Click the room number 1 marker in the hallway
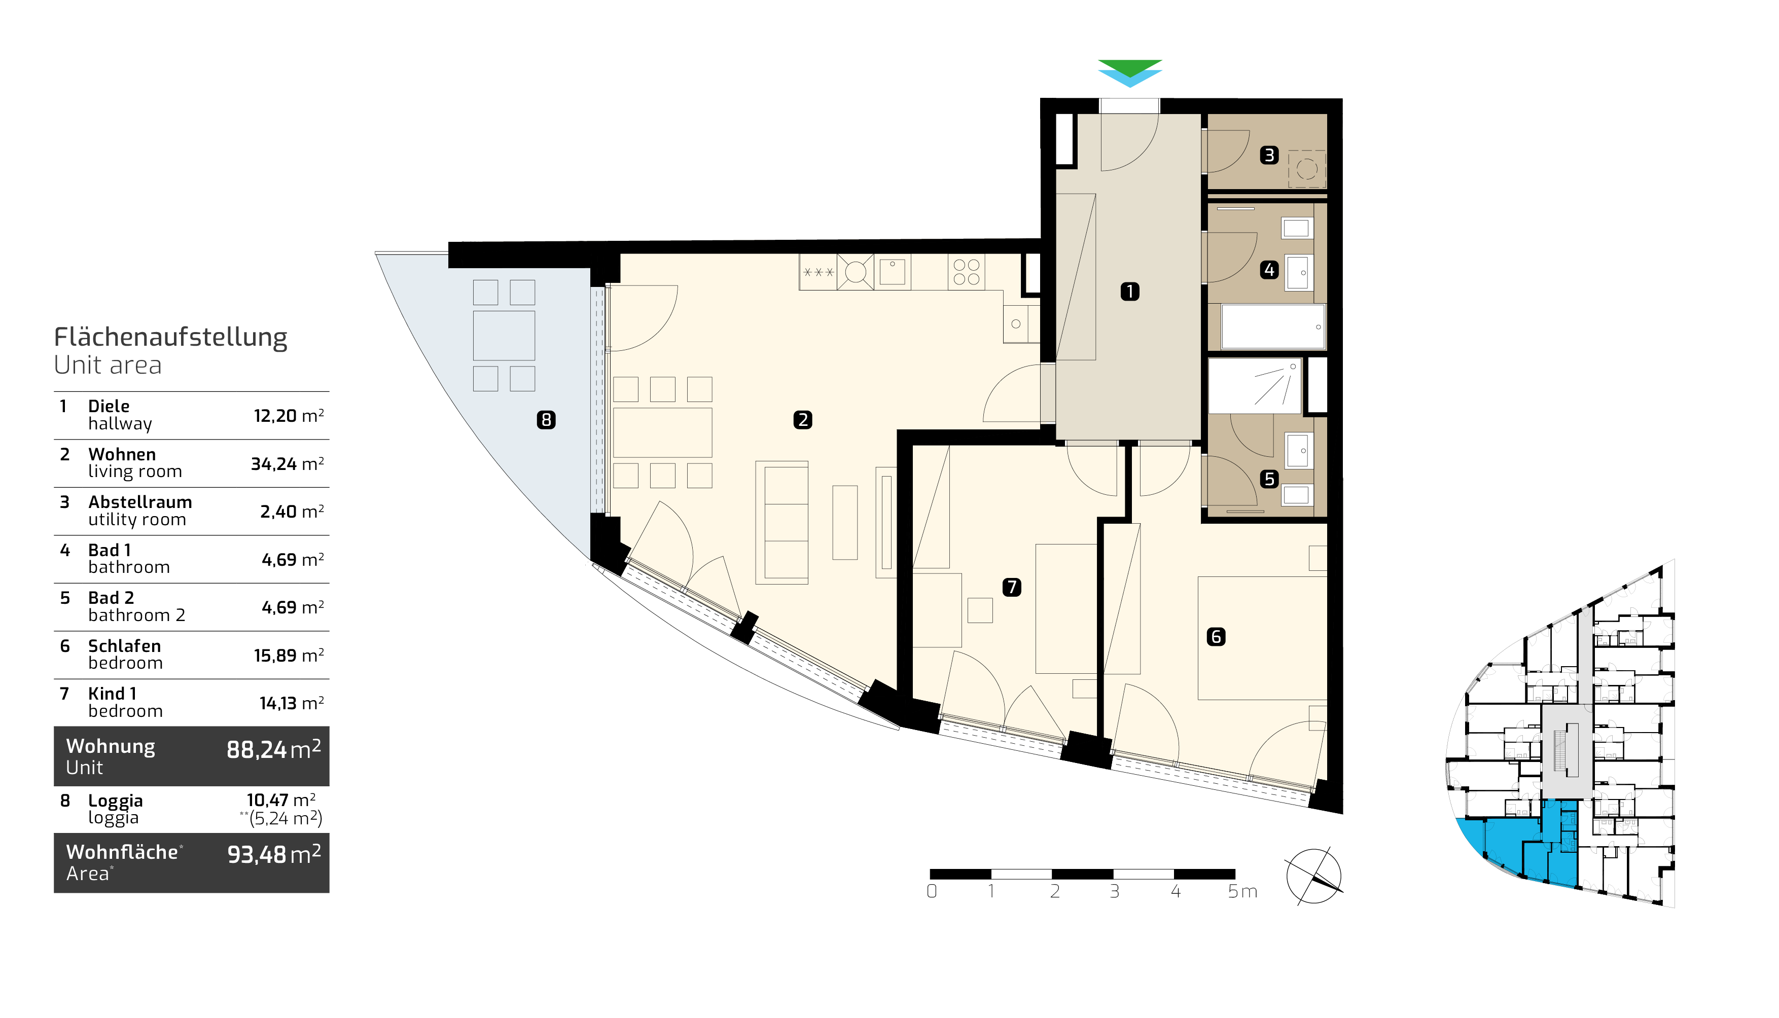(1129, 291)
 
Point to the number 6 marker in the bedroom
(1216, 636)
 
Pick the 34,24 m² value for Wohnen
(288, 463)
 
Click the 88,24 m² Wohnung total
(273, 749)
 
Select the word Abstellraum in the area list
(140, 502)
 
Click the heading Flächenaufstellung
(170, 337)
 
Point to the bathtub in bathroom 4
(1273, 326)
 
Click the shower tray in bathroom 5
(1255, 386)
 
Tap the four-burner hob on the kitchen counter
(967, 271)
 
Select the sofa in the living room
(782, 522)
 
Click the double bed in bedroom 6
(1262, 638)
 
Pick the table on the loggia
(504, 336)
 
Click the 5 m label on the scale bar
(1242, 891)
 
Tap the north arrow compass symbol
(1314, 877)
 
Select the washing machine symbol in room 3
(1307, 169)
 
